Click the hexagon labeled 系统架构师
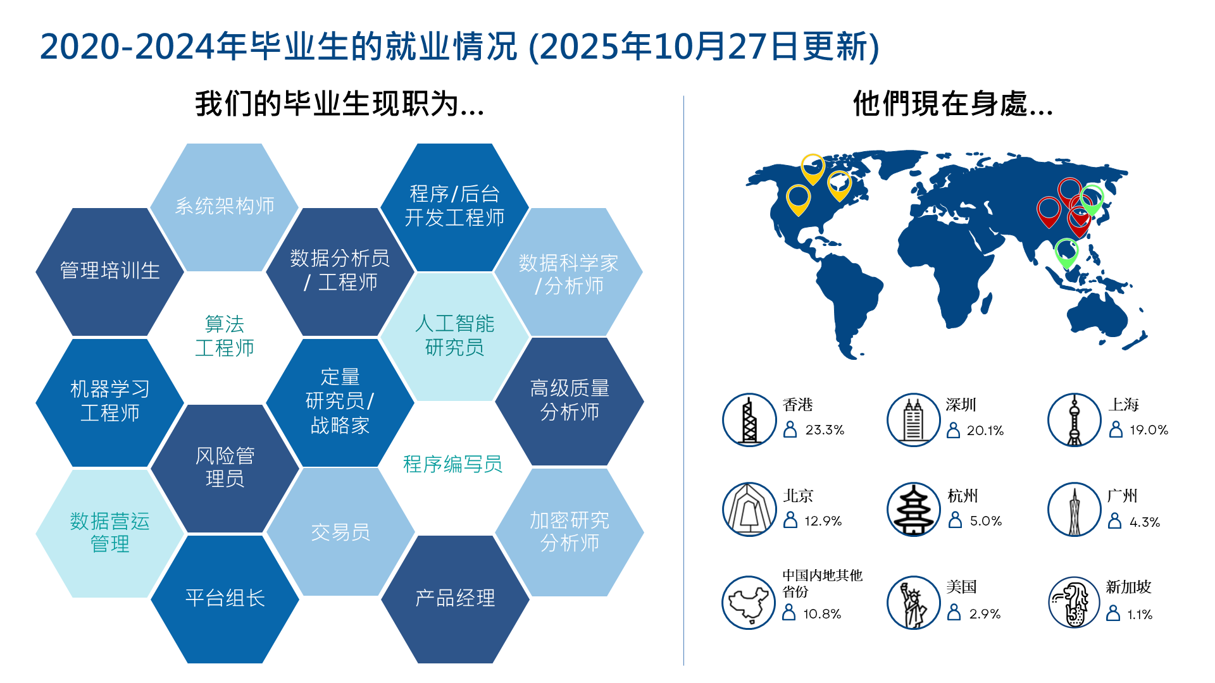point(225,207)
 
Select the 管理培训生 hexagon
point(110,272)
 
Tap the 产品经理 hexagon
point(455,599)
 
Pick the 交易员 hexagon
point(340,532)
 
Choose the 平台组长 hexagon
point(225,599)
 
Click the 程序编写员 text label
point(453,464)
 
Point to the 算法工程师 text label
point(225,336)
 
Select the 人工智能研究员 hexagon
point(455,336)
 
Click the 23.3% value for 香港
point(825,430)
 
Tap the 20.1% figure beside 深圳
point(985,431)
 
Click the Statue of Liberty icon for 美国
point(913,603)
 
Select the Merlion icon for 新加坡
point(1075,603)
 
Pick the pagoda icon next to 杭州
point(913,510)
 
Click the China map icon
point(749,603)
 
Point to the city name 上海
point(1124,405)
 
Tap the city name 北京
point(798,496)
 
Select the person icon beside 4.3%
point(1115,521)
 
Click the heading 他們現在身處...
point(952,104)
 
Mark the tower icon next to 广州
point(1075,510)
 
